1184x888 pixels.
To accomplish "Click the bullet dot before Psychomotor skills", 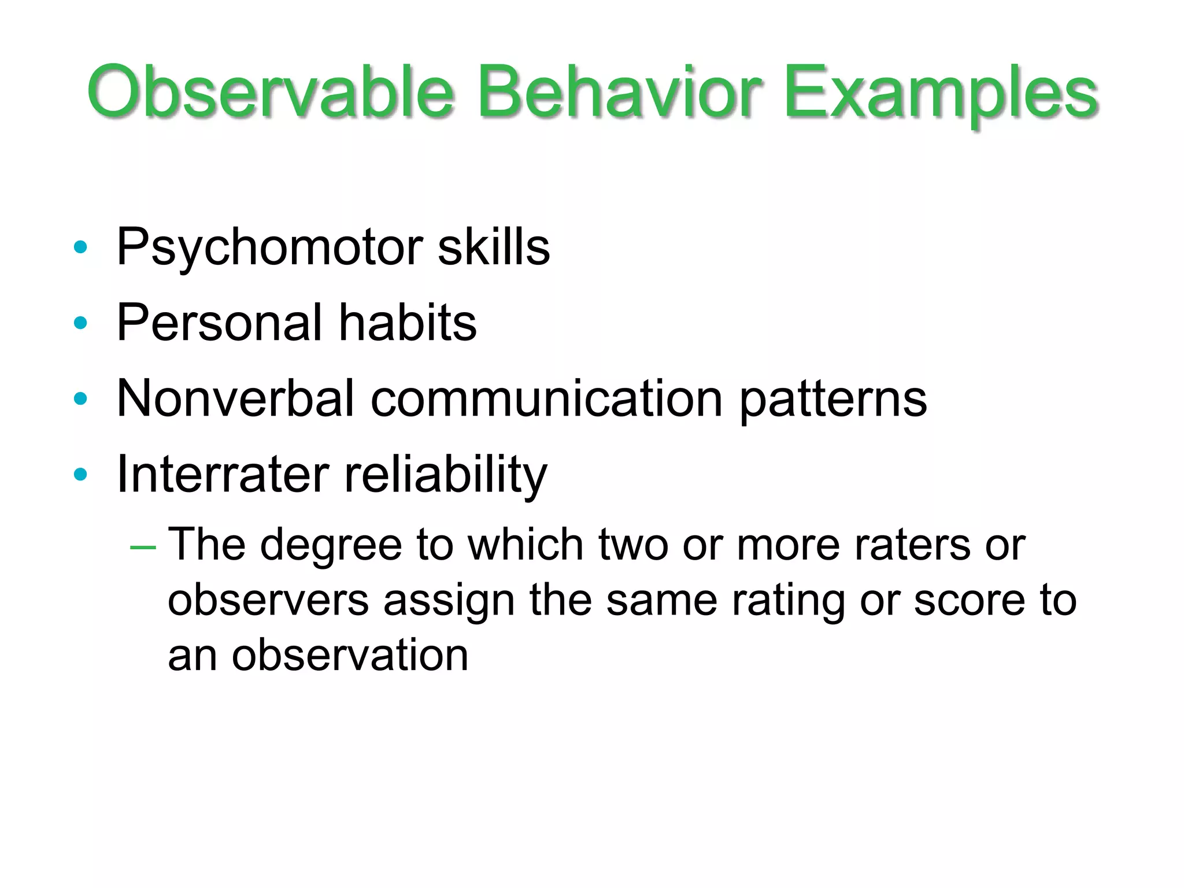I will tap(80, 247).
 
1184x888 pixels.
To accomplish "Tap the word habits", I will tap(408, 323).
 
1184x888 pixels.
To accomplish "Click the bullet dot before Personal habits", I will tap(80, 323).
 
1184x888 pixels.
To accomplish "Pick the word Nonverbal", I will tap(235, 398).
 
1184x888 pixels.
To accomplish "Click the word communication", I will tap(546, 398).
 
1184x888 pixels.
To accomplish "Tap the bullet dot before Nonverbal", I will tap(80, 398).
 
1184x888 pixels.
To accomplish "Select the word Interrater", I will tap(223, 474).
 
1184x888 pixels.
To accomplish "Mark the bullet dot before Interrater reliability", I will tap(80, 474).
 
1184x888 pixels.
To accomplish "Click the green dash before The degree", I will tap(143, 547).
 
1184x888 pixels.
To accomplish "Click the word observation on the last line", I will tap(350, 656).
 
